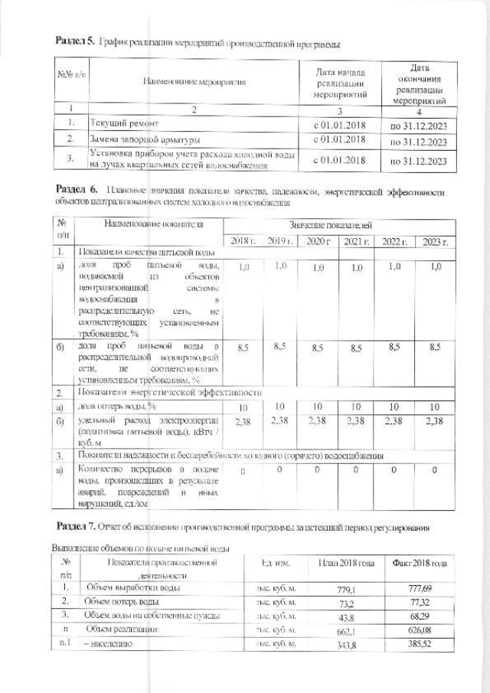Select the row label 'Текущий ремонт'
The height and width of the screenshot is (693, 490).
[x=126, y=123]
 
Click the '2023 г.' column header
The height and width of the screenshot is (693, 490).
[x=435, y=242]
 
